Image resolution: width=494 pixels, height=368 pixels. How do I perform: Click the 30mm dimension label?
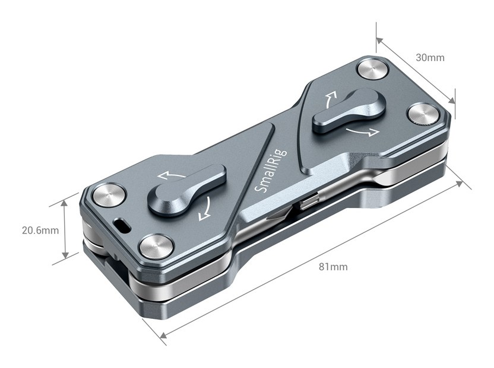tap(430, 57)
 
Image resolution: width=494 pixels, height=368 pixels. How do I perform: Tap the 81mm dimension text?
tap(333, 267)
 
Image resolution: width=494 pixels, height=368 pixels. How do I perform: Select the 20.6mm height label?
tap(40, 231)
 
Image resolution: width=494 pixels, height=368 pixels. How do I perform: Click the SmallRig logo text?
tap(270, 171)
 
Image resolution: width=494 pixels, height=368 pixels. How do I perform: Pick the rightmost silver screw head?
tap(424, 115)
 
